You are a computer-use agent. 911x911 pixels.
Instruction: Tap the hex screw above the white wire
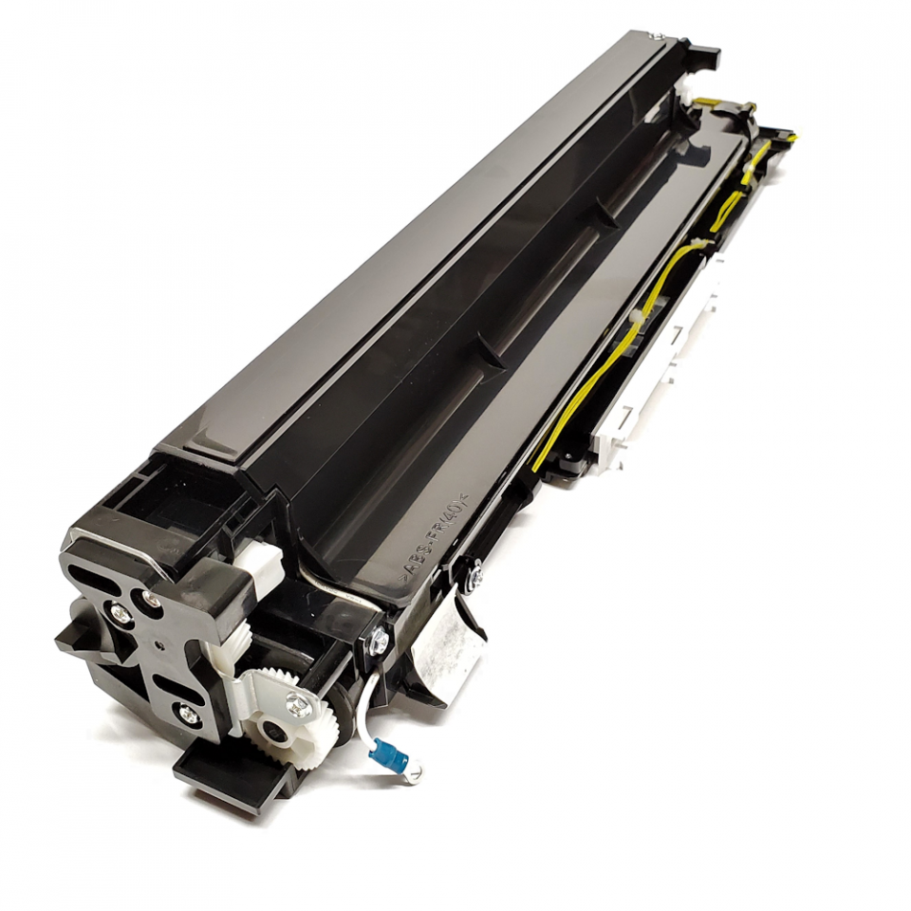click(x=379, y=640)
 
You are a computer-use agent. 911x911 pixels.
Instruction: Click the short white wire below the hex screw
click(x=375, y=697)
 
